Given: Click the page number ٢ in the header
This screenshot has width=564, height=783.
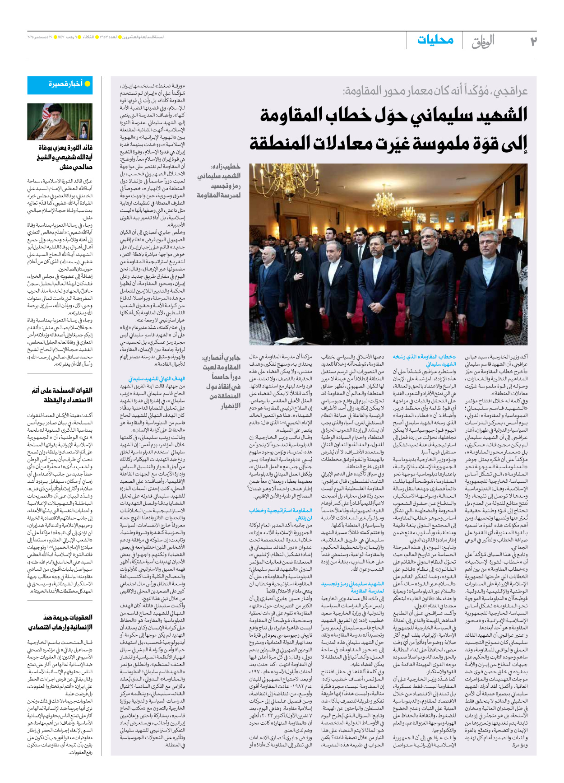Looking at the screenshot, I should (533, 41).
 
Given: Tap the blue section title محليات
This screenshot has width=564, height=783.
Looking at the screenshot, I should (435, 40).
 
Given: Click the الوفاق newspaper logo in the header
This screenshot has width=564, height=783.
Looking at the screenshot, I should (483, 42).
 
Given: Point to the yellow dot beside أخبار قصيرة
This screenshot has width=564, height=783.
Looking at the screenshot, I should (88, 84).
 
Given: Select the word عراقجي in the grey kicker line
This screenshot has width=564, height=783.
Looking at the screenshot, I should (509, 91).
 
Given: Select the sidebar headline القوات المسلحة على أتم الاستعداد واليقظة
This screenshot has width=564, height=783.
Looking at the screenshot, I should (62, 395).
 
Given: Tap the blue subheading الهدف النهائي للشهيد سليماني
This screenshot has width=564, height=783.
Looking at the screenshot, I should (157, 379).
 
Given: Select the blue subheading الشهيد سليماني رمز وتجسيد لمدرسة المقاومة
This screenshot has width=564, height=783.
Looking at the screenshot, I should (352, 587).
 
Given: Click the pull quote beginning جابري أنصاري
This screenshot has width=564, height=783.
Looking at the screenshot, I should (221, 381).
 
